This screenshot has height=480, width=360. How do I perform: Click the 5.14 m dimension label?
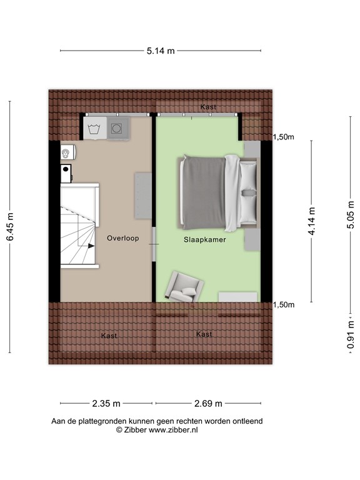161,51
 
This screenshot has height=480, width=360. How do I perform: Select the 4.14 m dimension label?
312,222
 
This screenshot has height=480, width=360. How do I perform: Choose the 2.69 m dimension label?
208,403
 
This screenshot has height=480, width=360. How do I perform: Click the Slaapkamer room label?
204,239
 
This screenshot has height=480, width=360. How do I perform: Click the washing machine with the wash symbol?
94,129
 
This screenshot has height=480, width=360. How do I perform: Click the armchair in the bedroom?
184,286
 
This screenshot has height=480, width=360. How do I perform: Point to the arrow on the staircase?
91,246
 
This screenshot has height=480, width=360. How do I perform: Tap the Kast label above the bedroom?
208,107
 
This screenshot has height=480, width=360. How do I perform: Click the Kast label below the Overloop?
109,336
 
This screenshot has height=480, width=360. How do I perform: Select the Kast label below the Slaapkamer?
204,334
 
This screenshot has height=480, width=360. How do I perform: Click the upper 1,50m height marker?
283,137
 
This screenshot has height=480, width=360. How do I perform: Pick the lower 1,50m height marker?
283,305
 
